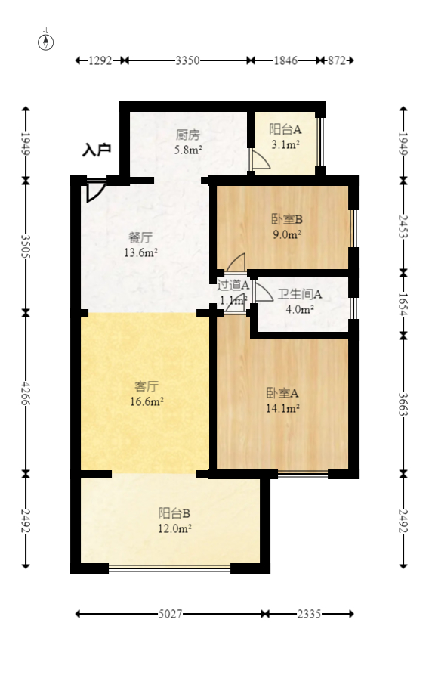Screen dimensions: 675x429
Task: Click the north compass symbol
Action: pyautogui.click(x=46, y=42)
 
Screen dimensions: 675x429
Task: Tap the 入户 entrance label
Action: pyautogui.click(x=97, y=150)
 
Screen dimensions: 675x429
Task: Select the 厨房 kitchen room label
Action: pyautogui.click(x=188, y=135)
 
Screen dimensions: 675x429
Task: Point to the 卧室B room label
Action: pyautogui.click(x=287, y=220)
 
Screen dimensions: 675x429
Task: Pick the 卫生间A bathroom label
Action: pyautogui.click(x=300, y=294)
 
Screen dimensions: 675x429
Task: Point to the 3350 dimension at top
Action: pyautogui.click(x=187, y=60)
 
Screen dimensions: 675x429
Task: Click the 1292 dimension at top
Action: pyautogui.click(x=100, y=60)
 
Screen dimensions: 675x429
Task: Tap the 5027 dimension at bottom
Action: pyautogui.click(x=171, y=615)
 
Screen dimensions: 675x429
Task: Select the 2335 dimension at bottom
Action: pyautogui.click(x=309, y=615)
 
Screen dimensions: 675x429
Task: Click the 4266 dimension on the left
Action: pyautogui.click(x=26, y=393)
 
